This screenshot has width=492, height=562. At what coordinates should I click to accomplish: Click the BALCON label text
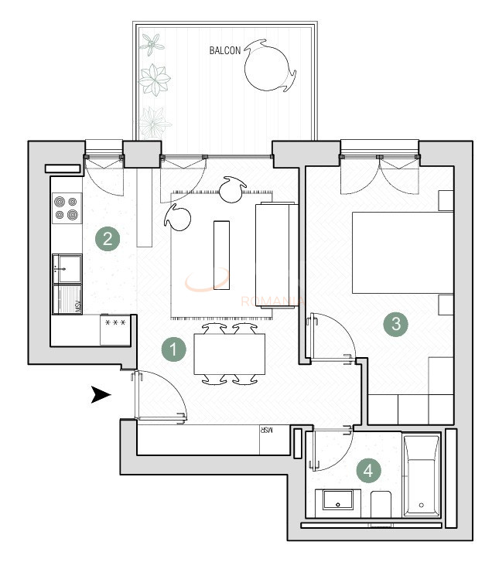point(225,51)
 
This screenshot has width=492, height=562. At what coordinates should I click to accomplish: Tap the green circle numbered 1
point(174,349)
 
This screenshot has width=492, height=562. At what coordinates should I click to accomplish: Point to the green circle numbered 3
point(396,324)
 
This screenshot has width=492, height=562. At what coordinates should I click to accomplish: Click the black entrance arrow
point(101,395)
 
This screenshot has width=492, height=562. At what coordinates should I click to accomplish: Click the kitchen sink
point(67,269)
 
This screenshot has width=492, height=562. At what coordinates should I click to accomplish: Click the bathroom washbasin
point(338,502)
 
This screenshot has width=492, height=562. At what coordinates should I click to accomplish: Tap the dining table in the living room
point(229,354)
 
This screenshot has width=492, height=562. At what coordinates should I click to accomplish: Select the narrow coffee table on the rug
point(222,254)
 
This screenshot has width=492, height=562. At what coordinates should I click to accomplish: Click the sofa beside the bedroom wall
point(275,255)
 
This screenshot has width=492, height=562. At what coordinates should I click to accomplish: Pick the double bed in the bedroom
point(402,252)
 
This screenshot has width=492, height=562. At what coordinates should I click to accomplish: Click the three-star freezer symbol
point(116,319)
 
